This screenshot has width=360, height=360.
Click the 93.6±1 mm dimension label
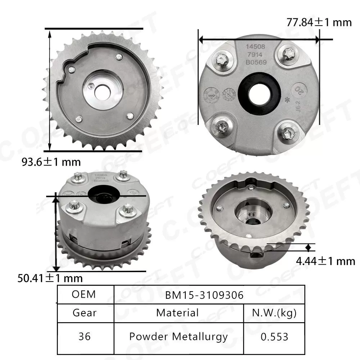pos(51,162)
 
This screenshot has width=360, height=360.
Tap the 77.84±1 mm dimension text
pos(319,22)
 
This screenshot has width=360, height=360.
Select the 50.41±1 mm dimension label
pos(50,278)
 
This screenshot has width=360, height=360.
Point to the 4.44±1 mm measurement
pos(325,261)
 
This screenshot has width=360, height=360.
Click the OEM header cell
pos(84,294)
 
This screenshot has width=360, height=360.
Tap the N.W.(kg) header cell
pos(274,312)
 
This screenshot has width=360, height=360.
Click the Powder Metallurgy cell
pos(178,337)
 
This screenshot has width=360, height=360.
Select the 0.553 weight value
pos(274,337)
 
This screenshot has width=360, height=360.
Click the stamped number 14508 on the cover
pos(255,47)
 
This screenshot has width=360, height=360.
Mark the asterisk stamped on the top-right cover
pos(287,98)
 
